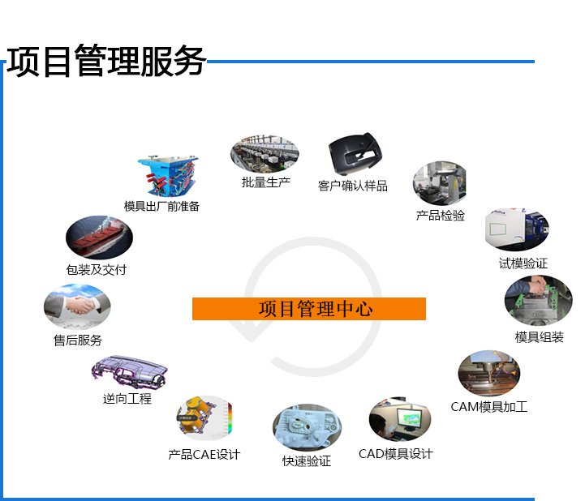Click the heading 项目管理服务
coord(105,62)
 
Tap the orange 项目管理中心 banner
coord(308,309)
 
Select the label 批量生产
coord(265,182)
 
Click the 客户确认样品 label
coord(352,186)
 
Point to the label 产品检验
coord(440,216)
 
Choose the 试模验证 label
coord(523,263)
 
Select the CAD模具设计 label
coord(395,454)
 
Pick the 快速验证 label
coord(306,461)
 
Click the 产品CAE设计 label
coord(204,455)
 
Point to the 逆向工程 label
coord(127,399)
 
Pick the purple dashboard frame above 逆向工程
coord(131,372)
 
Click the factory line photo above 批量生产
coord(265,152)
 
